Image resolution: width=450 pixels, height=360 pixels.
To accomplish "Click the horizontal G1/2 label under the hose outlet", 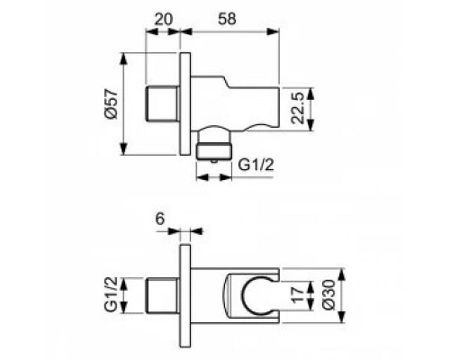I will (256, 162).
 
